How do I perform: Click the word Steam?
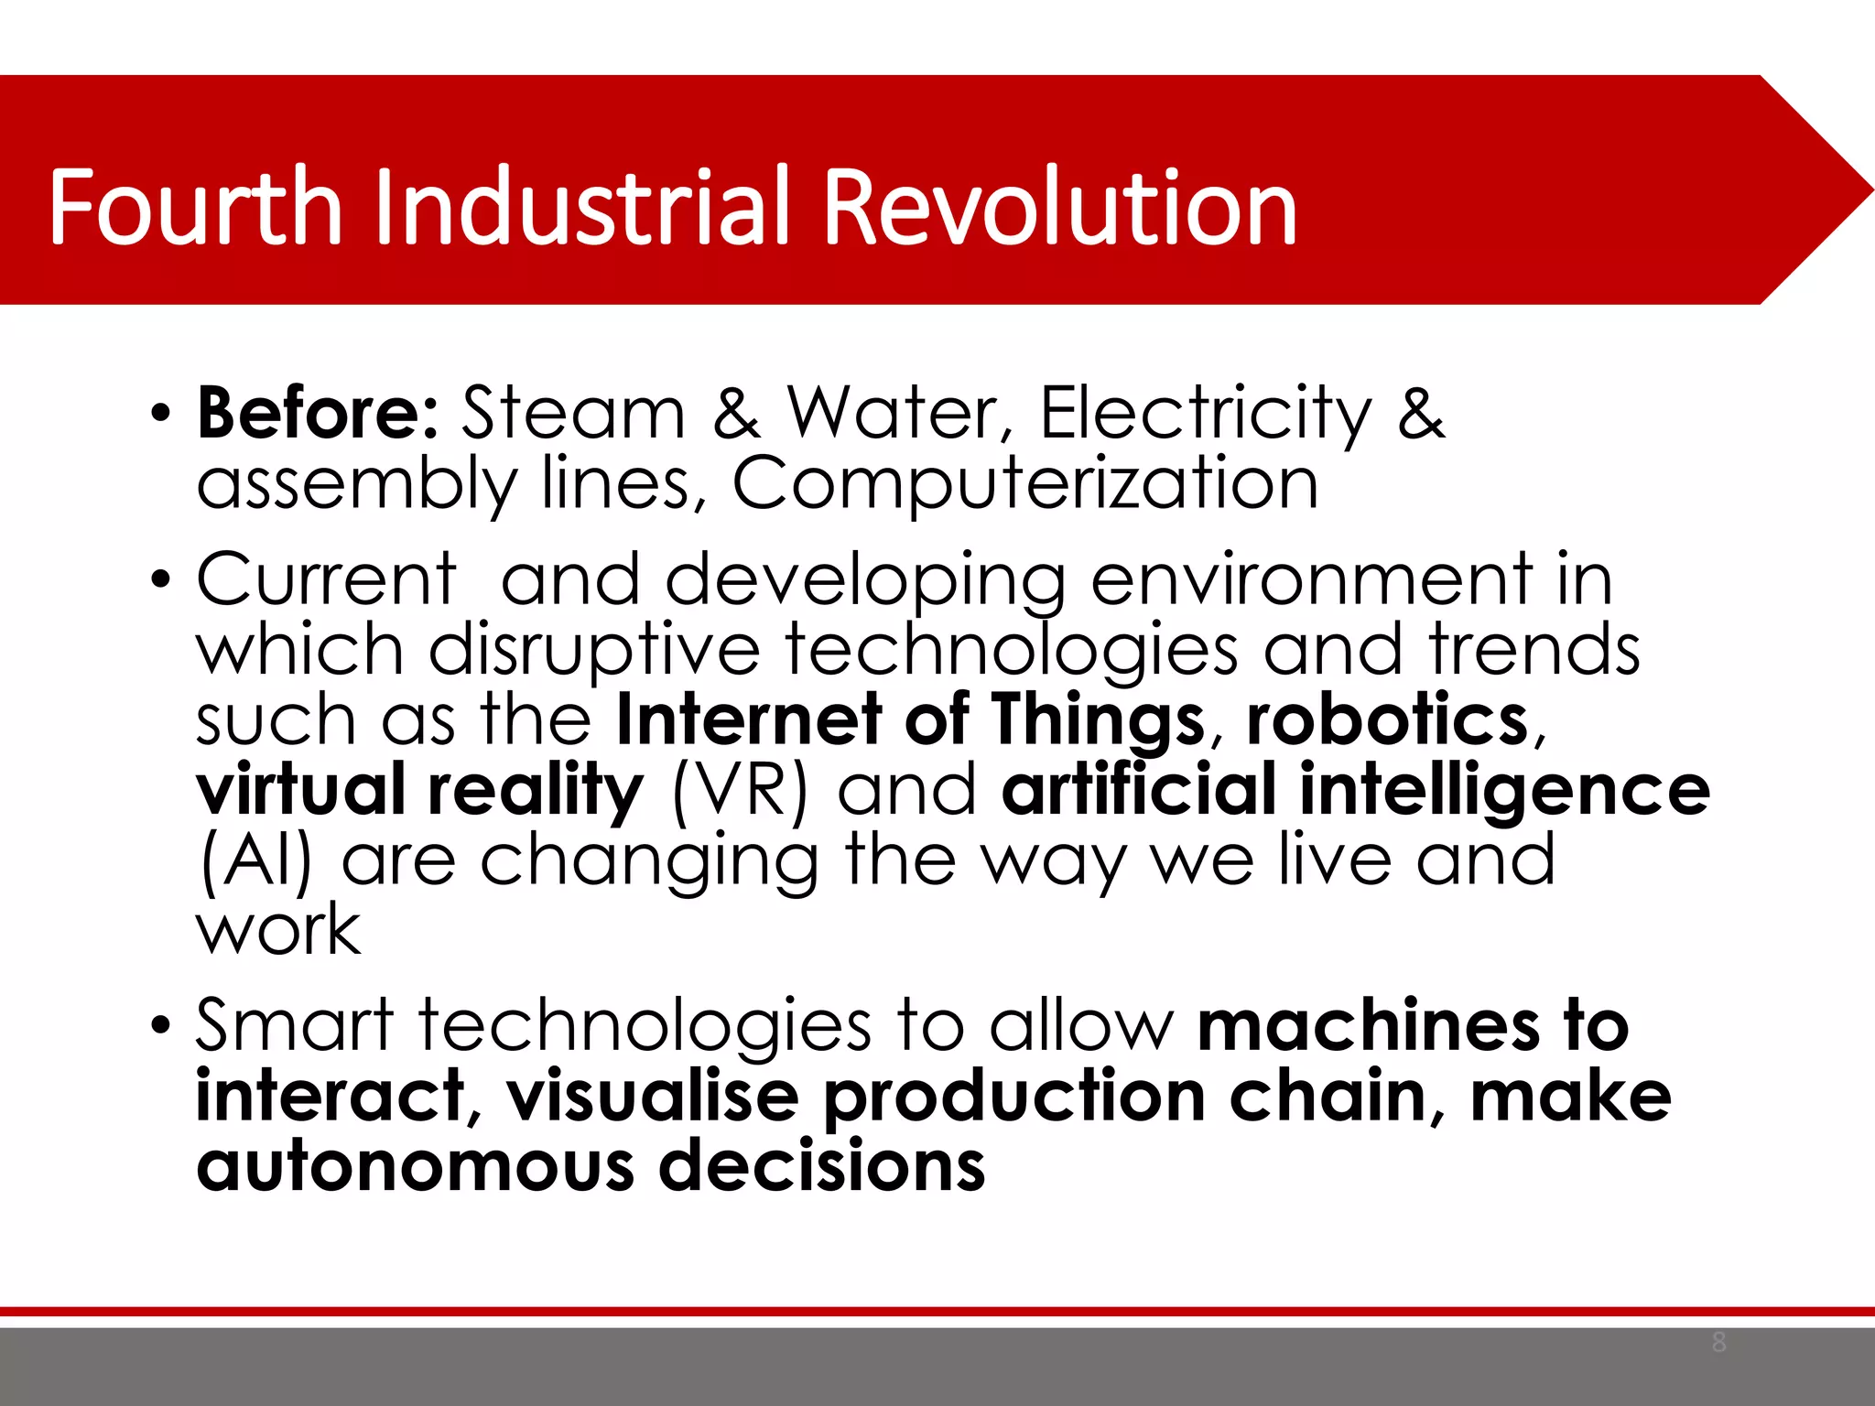click(573, 413)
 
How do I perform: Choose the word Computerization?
click(1025, 485)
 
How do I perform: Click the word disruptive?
click(594, 649)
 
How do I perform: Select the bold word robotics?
click(1388, 719)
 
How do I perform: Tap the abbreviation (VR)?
click(741, 790)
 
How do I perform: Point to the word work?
click(279, 930)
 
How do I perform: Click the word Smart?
click(295, 1025)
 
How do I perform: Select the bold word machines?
click(1370, 1025)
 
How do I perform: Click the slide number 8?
click(1718, 1343)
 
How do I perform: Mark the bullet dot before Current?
click(161, 580)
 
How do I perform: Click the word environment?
click(1312, 580)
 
